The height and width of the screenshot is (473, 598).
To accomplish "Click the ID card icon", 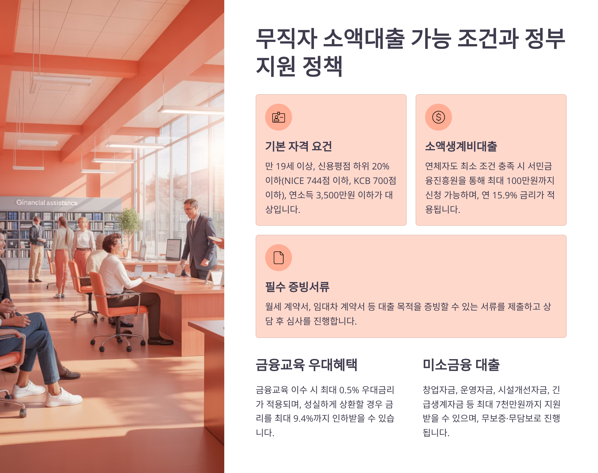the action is [x=278, y=117].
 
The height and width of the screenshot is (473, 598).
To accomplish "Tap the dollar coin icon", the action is [x=439, y=117].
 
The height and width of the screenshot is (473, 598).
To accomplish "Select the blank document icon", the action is [x=279, y=257].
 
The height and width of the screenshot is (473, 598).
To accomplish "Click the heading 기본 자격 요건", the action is [x=299, y=146].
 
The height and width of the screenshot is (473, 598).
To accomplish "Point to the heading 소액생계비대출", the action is [x=461, y=146].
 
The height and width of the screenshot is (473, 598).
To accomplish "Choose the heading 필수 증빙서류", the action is [x=297, y=287].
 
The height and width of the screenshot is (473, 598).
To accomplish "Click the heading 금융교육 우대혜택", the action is [x=306, y=365].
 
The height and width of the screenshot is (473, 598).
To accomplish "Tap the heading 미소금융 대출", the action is [x=461, y=365].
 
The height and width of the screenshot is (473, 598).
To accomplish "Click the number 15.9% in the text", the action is [x=504, y=195].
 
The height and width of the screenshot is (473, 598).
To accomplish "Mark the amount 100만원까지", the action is [x=530, y=181].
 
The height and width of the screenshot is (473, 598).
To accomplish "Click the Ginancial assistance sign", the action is [x=47, y=203].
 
